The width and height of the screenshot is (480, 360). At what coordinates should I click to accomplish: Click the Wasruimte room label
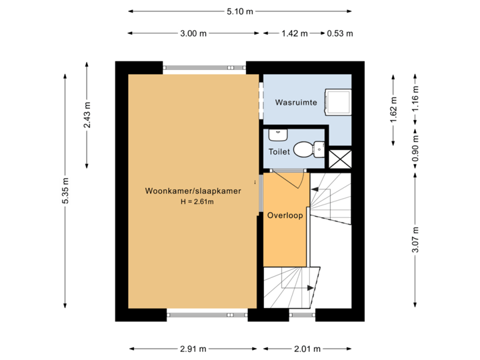(x=296, y=103)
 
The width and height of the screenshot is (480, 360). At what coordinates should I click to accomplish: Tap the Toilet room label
(x=279, y=152)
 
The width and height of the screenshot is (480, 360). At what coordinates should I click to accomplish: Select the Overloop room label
(x=285, y=215)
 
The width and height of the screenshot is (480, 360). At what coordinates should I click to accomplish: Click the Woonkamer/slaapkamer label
(x=193, y=191)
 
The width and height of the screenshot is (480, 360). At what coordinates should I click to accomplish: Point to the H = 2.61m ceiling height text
(x=192, y=201)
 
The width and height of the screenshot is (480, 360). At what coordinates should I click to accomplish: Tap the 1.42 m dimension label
(x=294, y=33)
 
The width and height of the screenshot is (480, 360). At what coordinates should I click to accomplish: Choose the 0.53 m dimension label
(x=339, y=33)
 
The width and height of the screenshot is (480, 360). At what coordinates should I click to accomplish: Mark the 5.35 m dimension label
(x=65, y=191)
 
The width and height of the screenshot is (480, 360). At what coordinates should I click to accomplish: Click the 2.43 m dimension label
(x=87, y=115)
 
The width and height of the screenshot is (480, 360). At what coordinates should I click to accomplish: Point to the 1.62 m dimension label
(x=393, y=109)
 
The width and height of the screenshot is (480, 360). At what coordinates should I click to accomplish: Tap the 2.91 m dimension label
(x=193, y=349)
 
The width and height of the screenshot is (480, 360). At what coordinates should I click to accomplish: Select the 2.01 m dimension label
(x=307, y=349)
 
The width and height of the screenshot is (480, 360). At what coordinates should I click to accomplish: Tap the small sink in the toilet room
(x=277, y=135)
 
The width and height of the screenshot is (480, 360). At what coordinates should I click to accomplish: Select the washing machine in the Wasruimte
(x=338, y=101)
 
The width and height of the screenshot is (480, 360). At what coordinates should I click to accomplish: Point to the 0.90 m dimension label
(x=415, y=150)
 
